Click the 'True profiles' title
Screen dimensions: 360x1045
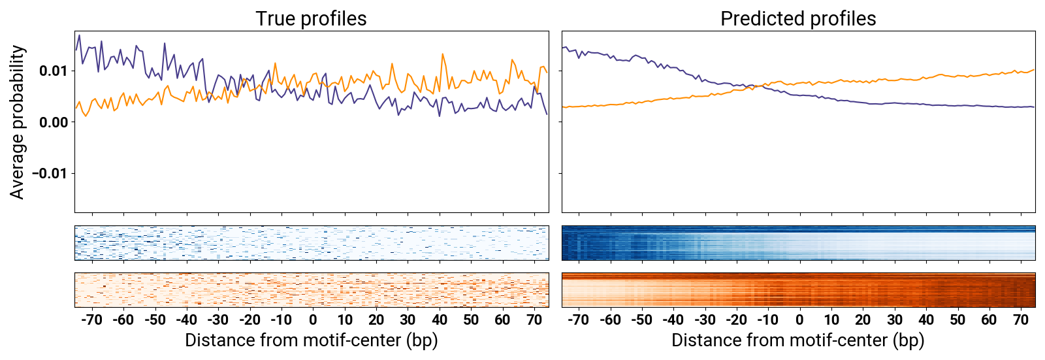(311, 18)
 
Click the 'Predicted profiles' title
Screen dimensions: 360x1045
(797, 18)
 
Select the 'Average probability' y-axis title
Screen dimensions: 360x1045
(18, 122)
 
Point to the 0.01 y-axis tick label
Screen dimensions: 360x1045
(54, 71)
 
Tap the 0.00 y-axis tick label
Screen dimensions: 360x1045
(54, 122)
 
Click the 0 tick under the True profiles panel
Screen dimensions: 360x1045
(313, 319)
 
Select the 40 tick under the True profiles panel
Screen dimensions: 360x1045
(440, 319)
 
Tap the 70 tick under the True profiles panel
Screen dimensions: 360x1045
(534, 319)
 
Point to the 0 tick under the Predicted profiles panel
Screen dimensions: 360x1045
(799, 319)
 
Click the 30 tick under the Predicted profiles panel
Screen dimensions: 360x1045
(894, 319)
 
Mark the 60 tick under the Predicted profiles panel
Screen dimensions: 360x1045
(989, 319)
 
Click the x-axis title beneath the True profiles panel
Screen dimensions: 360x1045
(311, 340)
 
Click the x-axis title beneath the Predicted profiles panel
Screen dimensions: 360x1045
(797, 340)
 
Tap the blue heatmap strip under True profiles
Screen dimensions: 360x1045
(312, 243)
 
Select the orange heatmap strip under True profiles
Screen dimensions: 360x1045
(312, 290)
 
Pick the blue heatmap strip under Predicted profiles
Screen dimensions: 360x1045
(798, 243)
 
